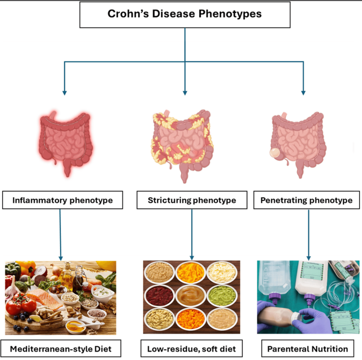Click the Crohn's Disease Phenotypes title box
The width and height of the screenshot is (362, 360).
click(185, 15)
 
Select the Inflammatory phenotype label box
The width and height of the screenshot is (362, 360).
click(62, 200)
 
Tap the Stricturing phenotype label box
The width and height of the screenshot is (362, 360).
click(191, 200)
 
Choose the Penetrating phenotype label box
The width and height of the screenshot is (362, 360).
click(306, 200)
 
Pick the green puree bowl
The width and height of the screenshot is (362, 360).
click(221, 296)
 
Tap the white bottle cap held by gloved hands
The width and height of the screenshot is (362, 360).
click(295, 316)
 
